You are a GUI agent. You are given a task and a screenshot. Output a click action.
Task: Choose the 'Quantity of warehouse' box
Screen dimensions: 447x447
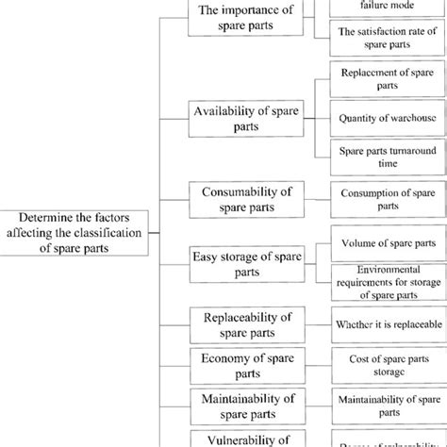[x=388, y=119]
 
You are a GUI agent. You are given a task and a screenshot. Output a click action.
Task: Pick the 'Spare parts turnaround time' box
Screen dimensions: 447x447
[x=388, y=157]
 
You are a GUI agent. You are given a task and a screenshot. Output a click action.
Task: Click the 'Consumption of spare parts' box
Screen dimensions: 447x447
[x=388, y=199]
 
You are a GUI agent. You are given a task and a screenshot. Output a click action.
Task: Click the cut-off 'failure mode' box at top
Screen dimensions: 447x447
[x=388, y=6]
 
